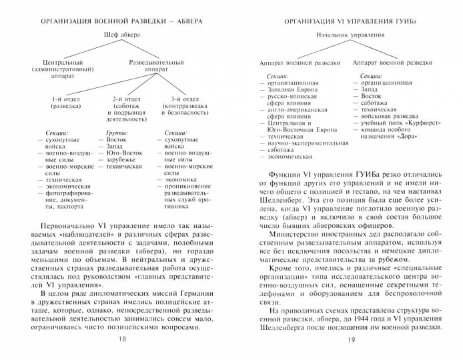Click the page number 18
[x=120, y=339]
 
